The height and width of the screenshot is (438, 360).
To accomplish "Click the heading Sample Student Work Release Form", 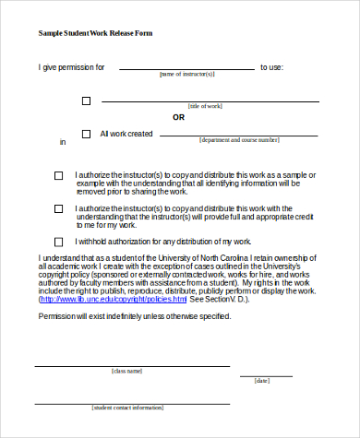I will click(96, 33).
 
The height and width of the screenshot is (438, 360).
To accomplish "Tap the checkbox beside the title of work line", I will click(87, 101).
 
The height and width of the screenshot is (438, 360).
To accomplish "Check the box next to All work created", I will click(87, 135).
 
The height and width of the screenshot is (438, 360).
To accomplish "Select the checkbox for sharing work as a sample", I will click(59, 175).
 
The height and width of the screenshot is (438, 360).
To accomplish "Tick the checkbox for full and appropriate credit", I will click(59, 209).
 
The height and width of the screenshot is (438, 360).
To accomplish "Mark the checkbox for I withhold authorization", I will click(59, 243).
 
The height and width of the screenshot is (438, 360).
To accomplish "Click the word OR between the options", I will click(179, 117).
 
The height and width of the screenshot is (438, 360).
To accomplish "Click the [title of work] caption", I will click(205, 107).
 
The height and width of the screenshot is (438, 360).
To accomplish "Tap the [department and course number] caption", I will click(238, 140).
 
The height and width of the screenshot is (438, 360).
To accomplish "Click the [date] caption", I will click(262, 380).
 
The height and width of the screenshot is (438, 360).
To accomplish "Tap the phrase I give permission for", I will click(71, 67).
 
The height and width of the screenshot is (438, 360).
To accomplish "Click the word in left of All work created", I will click(63, 142).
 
